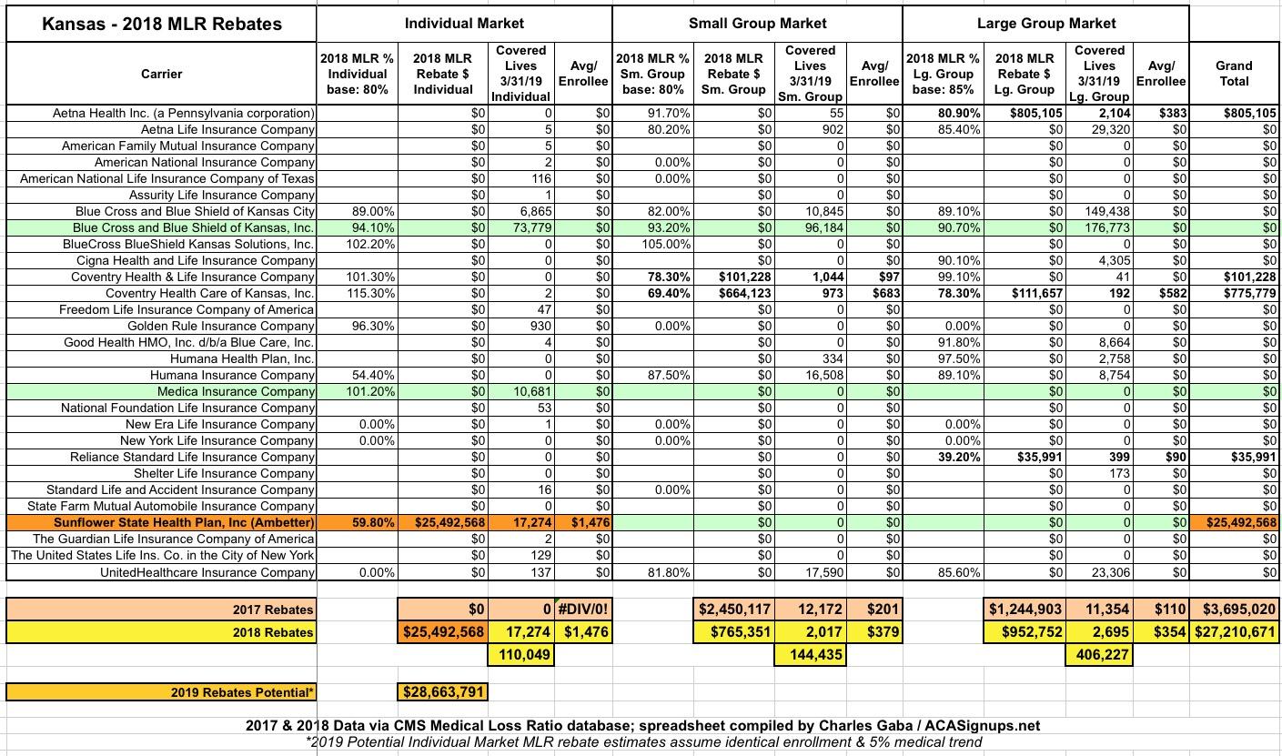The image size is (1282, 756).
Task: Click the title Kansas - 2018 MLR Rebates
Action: [x=161, y=24]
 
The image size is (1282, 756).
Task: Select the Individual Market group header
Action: [x=464, y=23]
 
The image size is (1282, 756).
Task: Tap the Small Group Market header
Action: [x=757, y=23]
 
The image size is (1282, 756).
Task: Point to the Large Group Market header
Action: [x=1046, y=23]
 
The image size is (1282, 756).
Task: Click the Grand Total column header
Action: [x=1234, y=73]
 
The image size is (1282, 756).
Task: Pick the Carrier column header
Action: [x=161, y=74]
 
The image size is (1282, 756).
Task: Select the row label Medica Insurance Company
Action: [x=236, y=391]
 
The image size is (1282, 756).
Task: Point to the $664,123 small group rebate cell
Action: [x=733, y=293]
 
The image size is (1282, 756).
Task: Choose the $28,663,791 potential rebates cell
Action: [x=443, y=692]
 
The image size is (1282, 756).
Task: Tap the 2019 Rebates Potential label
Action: [x=243, y=693]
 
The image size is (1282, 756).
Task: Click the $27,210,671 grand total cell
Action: [x=1234, y=632]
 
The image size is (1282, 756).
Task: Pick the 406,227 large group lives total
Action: [x=1099, y=654]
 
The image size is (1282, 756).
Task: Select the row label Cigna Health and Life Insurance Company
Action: [x=196, y=260]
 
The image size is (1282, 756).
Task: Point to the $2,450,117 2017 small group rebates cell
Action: [x=733, y=609]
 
